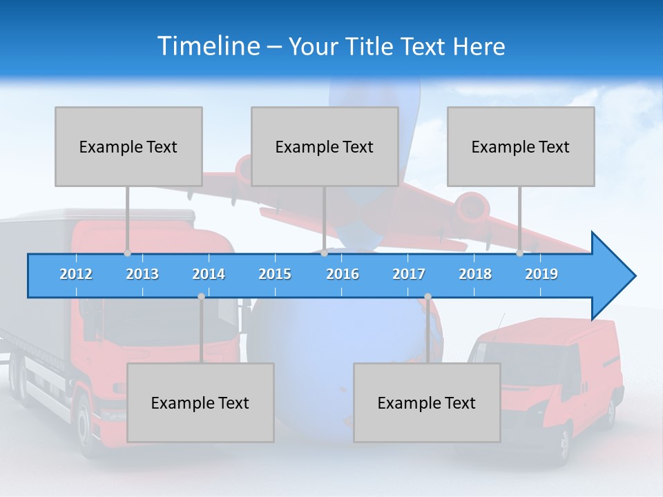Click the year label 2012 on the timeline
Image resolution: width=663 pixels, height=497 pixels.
click(76, 274)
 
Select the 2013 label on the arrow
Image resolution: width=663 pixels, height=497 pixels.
click(142, 274)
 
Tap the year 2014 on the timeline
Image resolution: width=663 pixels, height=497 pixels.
click(209, 274)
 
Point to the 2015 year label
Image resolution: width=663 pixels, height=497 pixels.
click(275, 274)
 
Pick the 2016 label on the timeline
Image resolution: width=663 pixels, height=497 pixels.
click(343, 274)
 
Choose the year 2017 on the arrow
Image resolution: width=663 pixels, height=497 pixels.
click(409, 274)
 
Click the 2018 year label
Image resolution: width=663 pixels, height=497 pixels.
click(475, 274)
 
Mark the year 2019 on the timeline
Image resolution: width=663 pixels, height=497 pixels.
click(541, 274)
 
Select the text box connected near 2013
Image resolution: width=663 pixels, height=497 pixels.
click(128, 146)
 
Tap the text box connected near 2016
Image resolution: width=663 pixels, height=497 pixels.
click(325, 146)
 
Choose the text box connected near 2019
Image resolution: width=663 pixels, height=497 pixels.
click(521, 146)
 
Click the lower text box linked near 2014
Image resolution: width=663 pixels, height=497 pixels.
click(200, 402)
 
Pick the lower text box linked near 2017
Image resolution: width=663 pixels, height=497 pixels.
click(427, 402)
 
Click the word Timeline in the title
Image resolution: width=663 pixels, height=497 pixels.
click(208, 46)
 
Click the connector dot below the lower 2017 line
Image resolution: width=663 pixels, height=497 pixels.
click(427, 297)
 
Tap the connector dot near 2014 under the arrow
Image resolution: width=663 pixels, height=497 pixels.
click(201, 297)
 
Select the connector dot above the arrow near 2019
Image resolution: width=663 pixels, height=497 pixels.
click(519, 253)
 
